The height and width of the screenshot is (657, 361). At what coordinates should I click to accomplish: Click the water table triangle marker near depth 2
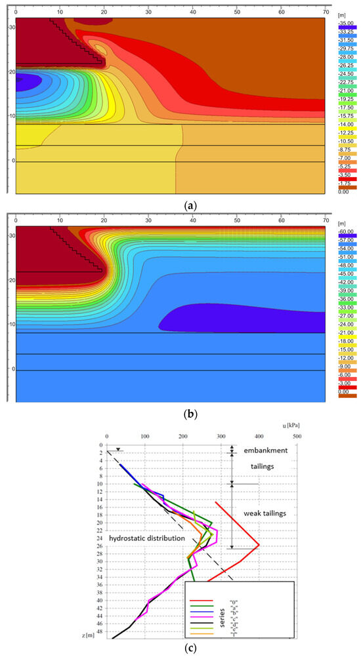117,449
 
